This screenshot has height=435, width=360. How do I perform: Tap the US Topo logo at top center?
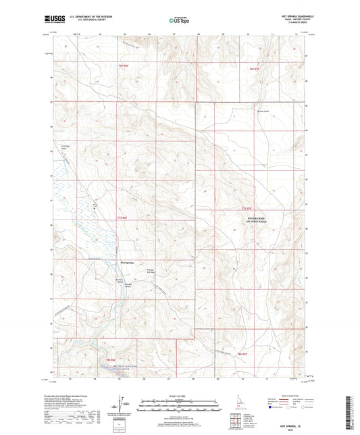179,21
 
